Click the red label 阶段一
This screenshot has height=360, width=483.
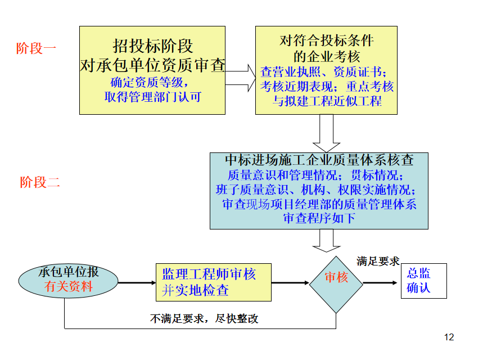[x=37, y=48]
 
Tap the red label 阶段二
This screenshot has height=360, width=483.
[x=40, y=182]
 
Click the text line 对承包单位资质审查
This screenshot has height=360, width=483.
[x=152, y=65]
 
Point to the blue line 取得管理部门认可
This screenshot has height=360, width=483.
[x=152, y=97]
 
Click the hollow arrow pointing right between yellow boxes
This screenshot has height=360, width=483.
[x=240, y=77]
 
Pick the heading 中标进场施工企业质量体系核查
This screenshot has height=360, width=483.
[x=319, y=160]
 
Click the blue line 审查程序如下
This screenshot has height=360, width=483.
[x=319, y=218]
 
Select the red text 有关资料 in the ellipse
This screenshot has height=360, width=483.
[x=69, y=286]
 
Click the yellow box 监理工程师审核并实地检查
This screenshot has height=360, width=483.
[x=213, y=282]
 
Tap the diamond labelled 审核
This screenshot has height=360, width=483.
[x=336, y=277]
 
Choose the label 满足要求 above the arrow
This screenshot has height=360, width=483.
[x=377, y=261]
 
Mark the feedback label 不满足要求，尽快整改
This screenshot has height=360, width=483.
[x=204, y=318]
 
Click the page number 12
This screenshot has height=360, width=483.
[x=448, y=337]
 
